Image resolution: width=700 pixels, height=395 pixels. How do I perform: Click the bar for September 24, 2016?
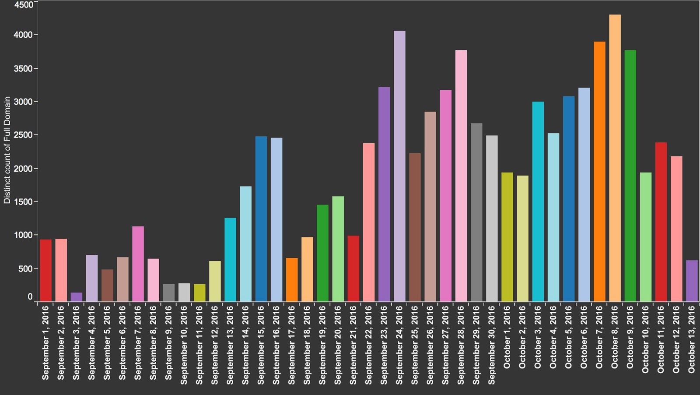click(399, 166)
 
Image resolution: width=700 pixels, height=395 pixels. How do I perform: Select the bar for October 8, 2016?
click(615, 158)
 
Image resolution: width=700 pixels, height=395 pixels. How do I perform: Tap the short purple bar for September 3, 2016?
click(77, 297)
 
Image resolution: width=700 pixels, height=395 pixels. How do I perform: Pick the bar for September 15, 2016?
click(261, 219)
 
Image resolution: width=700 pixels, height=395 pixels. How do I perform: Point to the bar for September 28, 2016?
click(461, 176)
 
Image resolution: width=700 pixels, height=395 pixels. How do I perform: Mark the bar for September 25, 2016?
click(415, 227)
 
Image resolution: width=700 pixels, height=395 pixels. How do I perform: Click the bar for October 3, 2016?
click(538, 201)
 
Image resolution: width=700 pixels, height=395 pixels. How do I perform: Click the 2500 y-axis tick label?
click(24, 135)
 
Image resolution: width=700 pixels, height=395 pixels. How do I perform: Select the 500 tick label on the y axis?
click(25, 268)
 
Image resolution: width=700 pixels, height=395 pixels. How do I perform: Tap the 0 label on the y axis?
click(30, 297)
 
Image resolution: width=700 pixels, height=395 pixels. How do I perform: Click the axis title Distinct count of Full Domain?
click(7, 150)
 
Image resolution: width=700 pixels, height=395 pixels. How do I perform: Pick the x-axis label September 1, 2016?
click(46, 343)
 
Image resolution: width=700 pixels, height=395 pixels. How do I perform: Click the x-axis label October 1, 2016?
click(507, 337)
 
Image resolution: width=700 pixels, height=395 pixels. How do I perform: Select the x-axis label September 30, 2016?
click(492, 345)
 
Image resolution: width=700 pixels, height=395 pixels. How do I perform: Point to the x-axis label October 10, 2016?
click(646, 339)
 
